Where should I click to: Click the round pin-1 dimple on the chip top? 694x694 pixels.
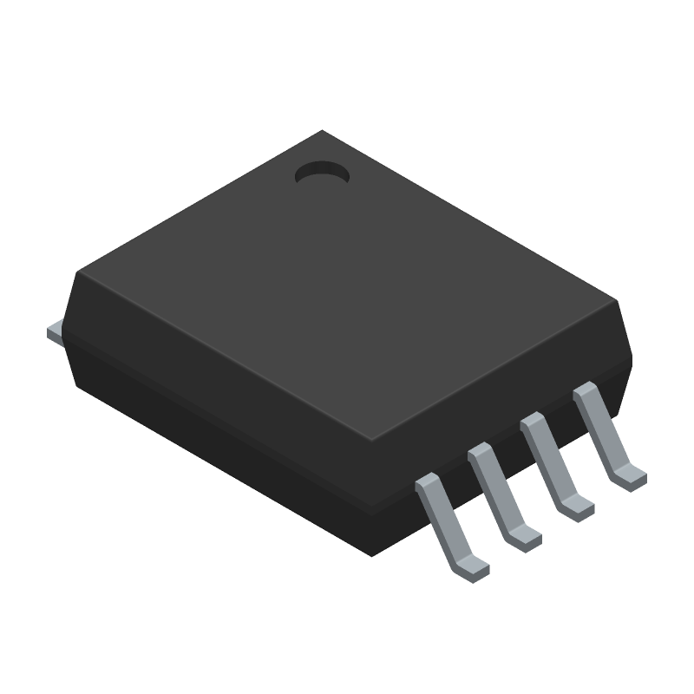(322, 173)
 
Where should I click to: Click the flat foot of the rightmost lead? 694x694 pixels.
(629, 476)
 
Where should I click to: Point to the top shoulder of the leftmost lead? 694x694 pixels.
(429, 481)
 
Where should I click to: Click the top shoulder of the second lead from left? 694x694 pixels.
(480, 453)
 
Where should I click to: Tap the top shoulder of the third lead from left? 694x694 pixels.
(532, 422)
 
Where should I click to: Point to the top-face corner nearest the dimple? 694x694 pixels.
(323, 132)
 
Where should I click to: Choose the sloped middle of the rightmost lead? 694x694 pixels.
(603, 434)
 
